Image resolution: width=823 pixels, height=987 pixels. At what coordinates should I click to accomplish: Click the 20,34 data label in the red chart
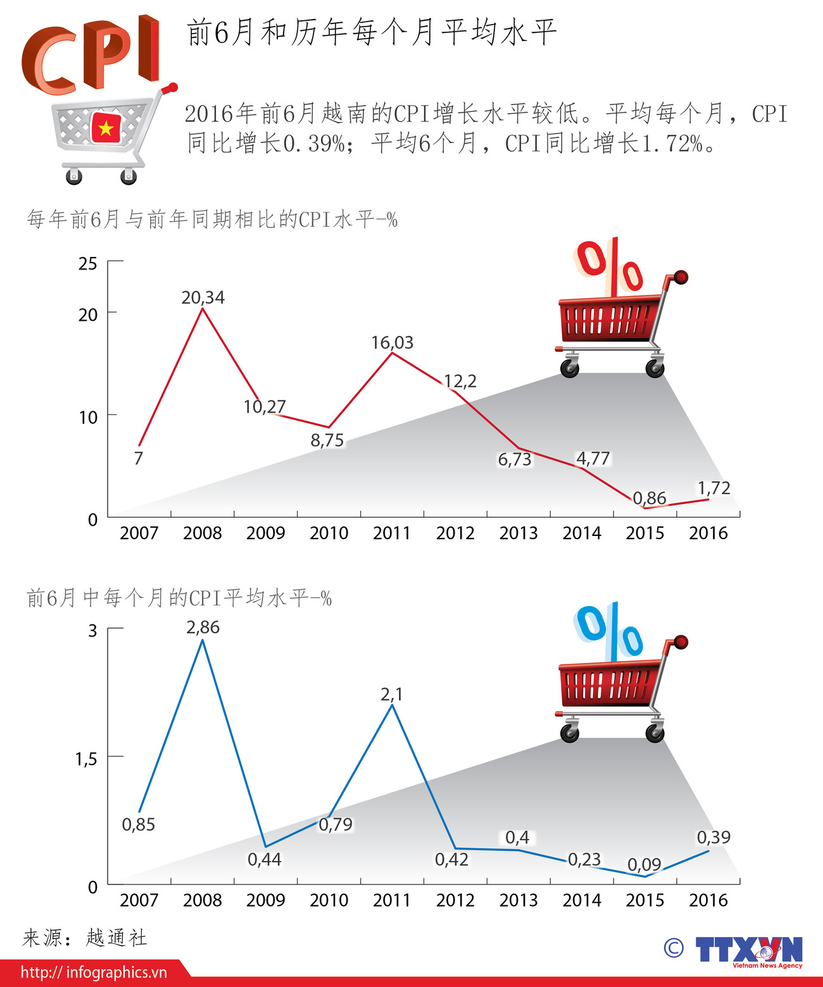click(203, 297)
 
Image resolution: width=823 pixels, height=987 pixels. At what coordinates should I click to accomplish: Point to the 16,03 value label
click(392, 343)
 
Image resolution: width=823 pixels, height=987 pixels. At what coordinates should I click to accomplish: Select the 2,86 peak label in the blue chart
click(203, 628)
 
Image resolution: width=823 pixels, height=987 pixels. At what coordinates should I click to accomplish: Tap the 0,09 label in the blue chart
click(644, 864)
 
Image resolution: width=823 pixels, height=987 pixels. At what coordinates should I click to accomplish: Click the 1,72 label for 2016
click(713, 488)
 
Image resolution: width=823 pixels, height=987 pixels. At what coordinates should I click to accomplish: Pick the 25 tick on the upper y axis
click(88, 263)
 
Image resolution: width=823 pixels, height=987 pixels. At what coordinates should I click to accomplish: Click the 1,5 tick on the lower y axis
click(86, 759)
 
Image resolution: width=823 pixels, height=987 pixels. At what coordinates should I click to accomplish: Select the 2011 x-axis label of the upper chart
click(392, 533)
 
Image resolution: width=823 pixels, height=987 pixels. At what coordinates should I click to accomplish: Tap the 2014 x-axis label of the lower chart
click(582, 900)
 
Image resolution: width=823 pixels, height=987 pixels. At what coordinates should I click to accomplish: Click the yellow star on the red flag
click(106, 128)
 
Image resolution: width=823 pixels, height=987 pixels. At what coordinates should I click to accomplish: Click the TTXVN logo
click(748, 951)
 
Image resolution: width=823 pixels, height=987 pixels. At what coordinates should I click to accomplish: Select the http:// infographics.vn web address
click(94, 972)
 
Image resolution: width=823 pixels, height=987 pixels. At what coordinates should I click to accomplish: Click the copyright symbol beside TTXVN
click(674, 948)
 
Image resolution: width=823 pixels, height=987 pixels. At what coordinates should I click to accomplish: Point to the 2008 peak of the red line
click(203, 309)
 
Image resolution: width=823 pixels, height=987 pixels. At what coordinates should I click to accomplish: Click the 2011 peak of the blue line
click(392, 705)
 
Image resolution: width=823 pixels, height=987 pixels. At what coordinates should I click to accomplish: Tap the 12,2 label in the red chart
click(460, 381)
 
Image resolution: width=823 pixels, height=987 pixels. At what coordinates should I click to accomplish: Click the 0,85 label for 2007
click(138, 824)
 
